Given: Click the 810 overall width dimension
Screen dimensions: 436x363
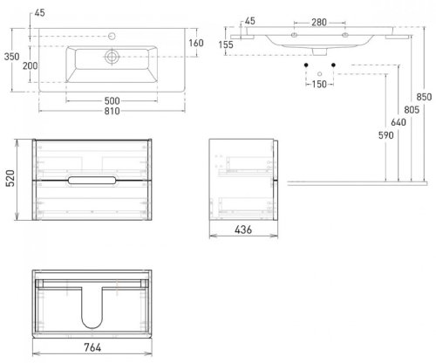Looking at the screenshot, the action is tap(112, 111).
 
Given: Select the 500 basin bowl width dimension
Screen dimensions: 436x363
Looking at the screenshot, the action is tap(112, 101).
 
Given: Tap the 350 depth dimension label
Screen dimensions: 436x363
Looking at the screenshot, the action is tap(12, 57).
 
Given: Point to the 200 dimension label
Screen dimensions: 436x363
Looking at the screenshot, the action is tap(31, 65).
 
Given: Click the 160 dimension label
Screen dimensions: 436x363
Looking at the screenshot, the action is tap(196, 43).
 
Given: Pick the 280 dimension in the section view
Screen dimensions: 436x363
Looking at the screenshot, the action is tap(319, 23).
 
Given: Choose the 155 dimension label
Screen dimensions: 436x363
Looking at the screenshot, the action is tap(226, 45).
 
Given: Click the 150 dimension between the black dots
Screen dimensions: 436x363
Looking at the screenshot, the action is tap(319, 85).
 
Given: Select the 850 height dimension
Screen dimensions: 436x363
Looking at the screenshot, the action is tap(424, 97).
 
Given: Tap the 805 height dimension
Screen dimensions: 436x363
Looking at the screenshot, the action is tap(412, 110).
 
